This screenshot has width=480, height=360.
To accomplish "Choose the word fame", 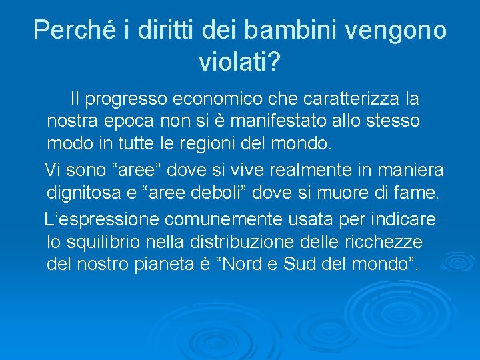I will (x=419, y=193).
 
